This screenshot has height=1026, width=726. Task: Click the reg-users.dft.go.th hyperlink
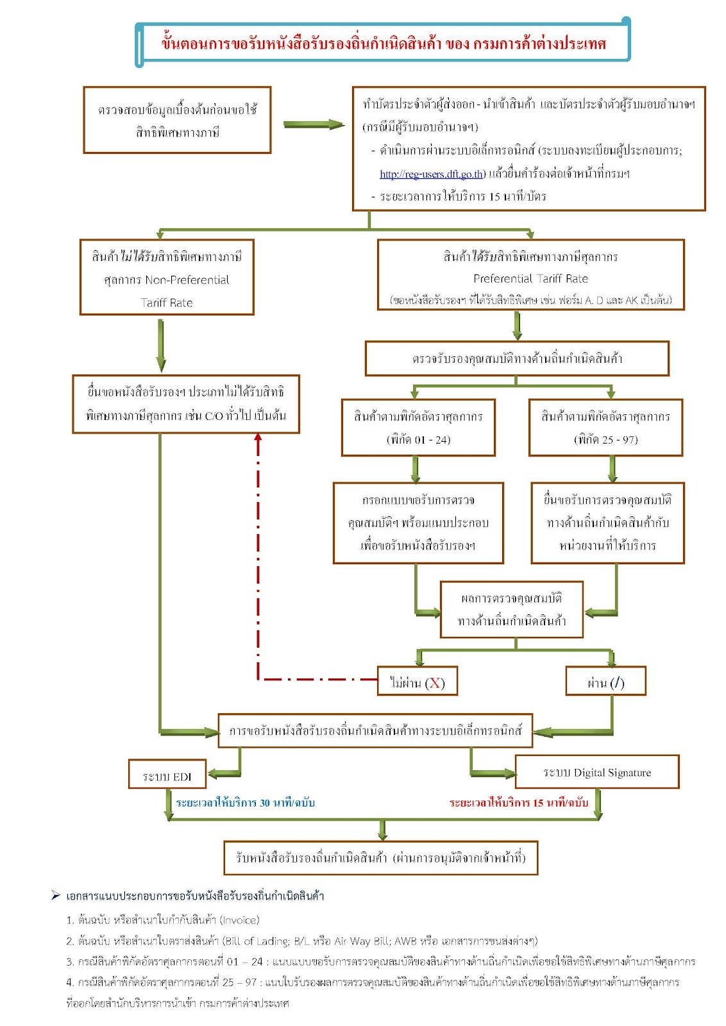click(x=431, y=174)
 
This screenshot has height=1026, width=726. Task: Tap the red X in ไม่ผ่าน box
click(x=435, y=684)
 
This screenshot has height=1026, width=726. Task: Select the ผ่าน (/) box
click(x=605, y=681)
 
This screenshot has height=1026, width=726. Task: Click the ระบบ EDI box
click(x=167, y=774)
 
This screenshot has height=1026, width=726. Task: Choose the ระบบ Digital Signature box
click(x=597, y=772)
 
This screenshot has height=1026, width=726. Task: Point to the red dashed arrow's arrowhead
click(x=258, y=437)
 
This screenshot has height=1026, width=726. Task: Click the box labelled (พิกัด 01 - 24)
click(x=418, y=427)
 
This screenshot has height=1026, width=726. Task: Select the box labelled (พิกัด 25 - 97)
click(x=605, y=427)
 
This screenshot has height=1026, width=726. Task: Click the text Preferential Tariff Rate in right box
click(x=530, y=278)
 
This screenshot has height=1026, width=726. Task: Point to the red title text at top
click(x=384, y=44)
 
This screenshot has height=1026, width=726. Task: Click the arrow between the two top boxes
click(x=314, y=124)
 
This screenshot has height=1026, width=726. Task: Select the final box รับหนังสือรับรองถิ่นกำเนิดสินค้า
click(x=380, y=858)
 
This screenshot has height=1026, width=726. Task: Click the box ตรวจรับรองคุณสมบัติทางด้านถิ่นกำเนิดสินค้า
click(x=517, y=358)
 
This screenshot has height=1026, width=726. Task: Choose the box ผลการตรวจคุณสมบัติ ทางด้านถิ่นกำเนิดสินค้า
click(x=511, y=610)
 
